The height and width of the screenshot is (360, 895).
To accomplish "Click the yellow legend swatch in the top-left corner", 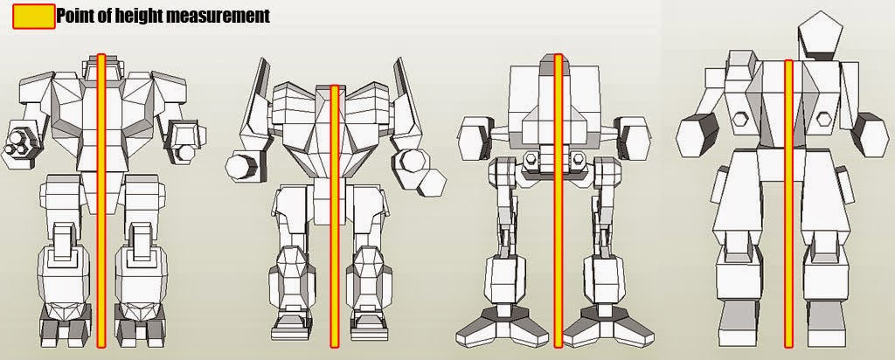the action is click(x=33, y=17).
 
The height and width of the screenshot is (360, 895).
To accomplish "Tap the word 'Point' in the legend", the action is click(x=77, y=16).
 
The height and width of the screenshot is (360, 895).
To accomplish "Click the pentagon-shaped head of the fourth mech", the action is click(x=821, y=35).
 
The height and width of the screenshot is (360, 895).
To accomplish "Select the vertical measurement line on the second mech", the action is click(x=333, y=218).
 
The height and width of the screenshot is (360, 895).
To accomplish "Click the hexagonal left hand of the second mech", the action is click(x=239, y=165).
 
